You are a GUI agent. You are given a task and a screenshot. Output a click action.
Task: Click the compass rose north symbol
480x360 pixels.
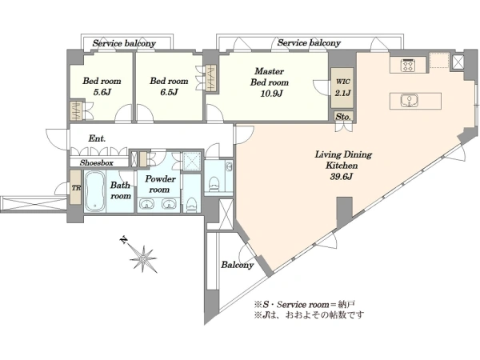[x=143, y=259]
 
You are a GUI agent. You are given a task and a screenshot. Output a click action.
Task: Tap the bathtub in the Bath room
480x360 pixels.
[x=94, y=191]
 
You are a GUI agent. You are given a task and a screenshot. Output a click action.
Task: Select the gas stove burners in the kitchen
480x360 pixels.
[x=407, y=65]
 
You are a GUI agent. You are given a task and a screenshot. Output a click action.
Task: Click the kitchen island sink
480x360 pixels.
[x=409, y=101]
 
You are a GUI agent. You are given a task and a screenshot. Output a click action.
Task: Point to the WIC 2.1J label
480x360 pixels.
[x=342, y=87]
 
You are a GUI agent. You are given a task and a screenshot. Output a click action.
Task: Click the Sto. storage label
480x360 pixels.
[x=343, y=117]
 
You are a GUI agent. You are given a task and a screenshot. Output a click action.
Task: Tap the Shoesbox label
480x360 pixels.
[x=97, y=163]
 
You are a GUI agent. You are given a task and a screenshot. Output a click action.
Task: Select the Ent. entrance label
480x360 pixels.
[x=97, y=138]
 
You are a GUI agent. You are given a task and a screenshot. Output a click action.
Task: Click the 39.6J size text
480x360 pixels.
[x=342, y=177]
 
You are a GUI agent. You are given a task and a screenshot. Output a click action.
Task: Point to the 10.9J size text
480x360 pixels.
[x=271, y=93]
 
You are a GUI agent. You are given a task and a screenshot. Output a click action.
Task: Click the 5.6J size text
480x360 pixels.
[x=102, y=92]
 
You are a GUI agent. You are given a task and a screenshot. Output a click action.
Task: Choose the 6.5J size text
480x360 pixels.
[x=169, y=92]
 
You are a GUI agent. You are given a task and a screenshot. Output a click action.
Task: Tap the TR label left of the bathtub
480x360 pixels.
[x=76, y=188]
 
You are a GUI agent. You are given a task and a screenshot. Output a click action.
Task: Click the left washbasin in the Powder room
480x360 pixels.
[x=147, y=204]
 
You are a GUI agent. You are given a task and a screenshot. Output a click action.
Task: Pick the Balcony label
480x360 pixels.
[x=238, y=265]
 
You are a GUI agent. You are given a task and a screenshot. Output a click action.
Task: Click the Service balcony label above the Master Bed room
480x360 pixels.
[x=309, y=43]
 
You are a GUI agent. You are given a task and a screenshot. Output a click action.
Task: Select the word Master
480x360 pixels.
[x=269, y=71]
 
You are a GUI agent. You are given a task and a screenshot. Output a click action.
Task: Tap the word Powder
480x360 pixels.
[x=161, y=178]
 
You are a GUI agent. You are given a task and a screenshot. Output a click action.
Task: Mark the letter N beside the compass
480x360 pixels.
[x=123, y=240]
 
